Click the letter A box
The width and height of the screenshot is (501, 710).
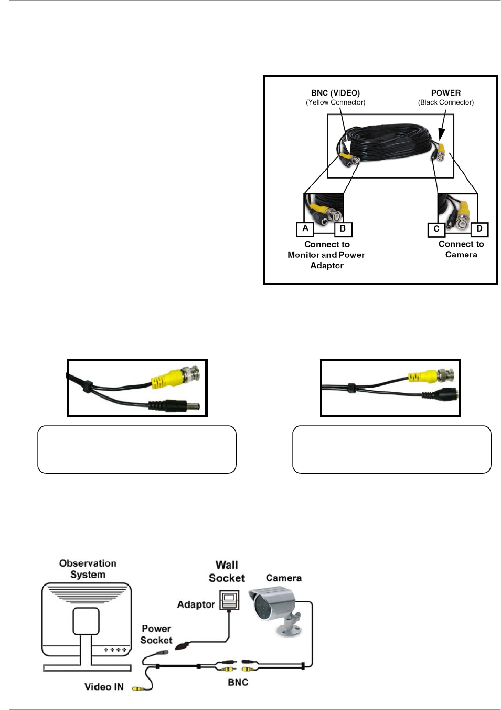pos(305,229)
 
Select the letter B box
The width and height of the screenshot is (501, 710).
pos(343,229)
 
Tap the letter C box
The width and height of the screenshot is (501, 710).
pos(436,229)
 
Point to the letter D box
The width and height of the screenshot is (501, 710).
pos(479,229)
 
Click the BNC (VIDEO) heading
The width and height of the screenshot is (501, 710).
pos(335,93)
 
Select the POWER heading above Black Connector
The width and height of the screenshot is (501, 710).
pos(446,93)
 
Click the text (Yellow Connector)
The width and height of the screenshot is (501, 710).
pos(336,102)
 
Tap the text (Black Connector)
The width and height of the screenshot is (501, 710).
pos(446,102)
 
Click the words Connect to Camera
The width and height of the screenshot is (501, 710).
pos(461,249)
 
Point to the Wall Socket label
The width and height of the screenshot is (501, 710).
pos(227,571)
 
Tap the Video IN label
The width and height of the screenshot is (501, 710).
pos(104,687)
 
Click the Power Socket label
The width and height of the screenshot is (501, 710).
pos(156,634)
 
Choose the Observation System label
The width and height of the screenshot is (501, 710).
pos(88,569)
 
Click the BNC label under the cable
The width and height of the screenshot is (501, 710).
pos(238,682)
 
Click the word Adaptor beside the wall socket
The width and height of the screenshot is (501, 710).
pos(196,604)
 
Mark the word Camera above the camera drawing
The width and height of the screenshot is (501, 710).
pos(284,578)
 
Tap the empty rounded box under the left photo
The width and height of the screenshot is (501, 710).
pos(137,450)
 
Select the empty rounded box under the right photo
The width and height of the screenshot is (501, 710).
pos(392,450)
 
